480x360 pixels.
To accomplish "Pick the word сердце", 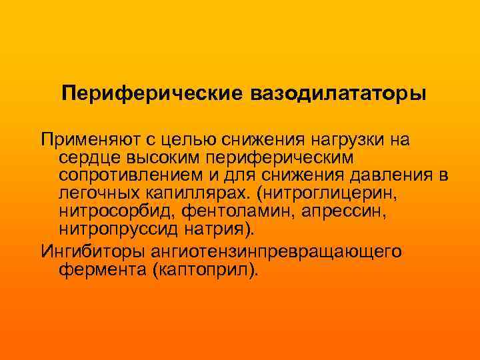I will [x=85, y=157].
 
